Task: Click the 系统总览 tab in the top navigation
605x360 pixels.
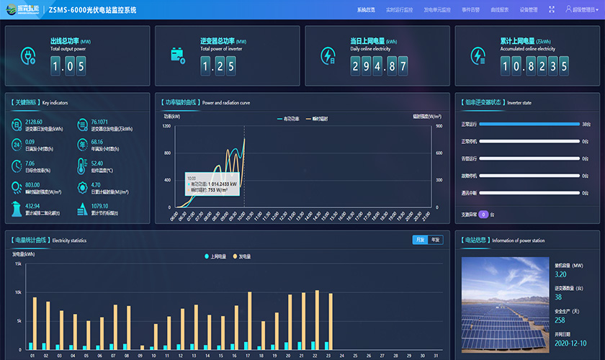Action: (x=366, y=11)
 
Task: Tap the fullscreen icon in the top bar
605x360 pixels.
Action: (x=552, y=10)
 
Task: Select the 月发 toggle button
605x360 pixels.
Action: (x=420, y=240)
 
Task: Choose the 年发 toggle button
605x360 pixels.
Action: (x=436, y=240)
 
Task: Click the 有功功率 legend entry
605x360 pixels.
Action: (x=290, y=119)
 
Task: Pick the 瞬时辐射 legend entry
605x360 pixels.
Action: (x=318, y=119)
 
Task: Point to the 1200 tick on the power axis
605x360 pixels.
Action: (x=166, y=127)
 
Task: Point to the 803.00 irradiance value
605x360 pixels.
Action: (x=34, y=185)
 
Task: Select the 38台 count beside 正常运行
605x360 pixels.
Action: (x=586, y=124)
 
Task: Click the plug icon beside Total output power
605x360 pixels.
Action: (x=29, y=55)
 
